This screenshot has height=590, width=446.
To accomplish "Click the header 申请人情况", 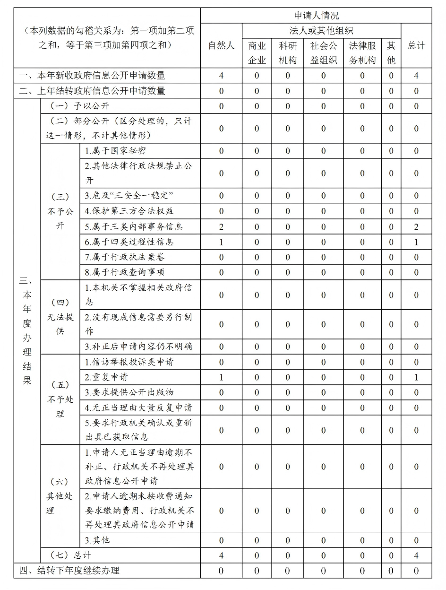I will pyautogui.click(x=316, y=16).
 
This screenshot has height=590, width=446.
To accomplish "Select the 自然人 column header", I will pyautogui.click(x=221, y=45).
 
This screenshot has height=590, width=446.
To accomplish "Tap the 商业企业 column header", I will pyautogui.click(x=257, y=53).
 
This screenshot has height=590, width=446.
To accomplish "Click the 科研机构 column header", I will pyautogui.click(x=288, y=53).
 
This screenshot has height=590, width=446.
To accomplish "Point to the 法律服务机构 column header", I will pyautogui.click(x=362, y=53).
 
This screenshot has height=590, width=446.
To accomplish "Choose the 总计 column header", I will pyautogui.click(x=416, y=45).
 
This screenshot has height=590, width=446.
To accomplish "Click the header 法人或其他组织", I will pyautogui.click(x=321, y=31).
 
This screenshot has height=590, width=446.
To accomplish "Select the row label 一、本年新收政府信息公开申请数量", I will pyautogui.click(x=93, y=76).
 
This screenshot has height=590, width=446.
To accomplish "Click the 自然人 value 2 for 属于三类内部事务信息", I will pyautogui.click(x=221, y=227).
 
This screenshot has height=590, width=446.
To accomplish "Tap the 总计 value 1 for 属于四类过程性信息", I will pyautogui.click(x=416, y=242).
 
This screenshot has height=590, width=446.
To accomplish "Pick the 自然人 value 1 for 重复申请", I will pyautogui.click(x=221, y=377).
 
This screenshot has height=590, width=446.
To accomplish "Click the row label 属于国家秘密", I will pyautogui.click(x=115, y=151).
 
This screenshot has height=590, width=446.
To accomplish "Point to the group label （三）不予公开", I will pyautogui.click(x=60, y=211).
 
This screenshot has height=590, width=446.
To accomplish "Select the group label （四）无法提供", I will pyautogui.click(x=60, y=317).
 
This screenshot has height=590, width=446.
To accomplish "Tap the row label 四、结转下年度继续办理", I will pyautogui.click(x=69, y=571).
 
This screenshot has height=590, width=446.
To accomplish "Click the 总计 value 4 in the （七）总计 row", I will pyautogui.click(x=416, y=555).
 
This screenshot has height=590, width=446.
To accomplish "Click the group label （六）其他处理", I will pyautogui.click(x=60, y=496).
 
